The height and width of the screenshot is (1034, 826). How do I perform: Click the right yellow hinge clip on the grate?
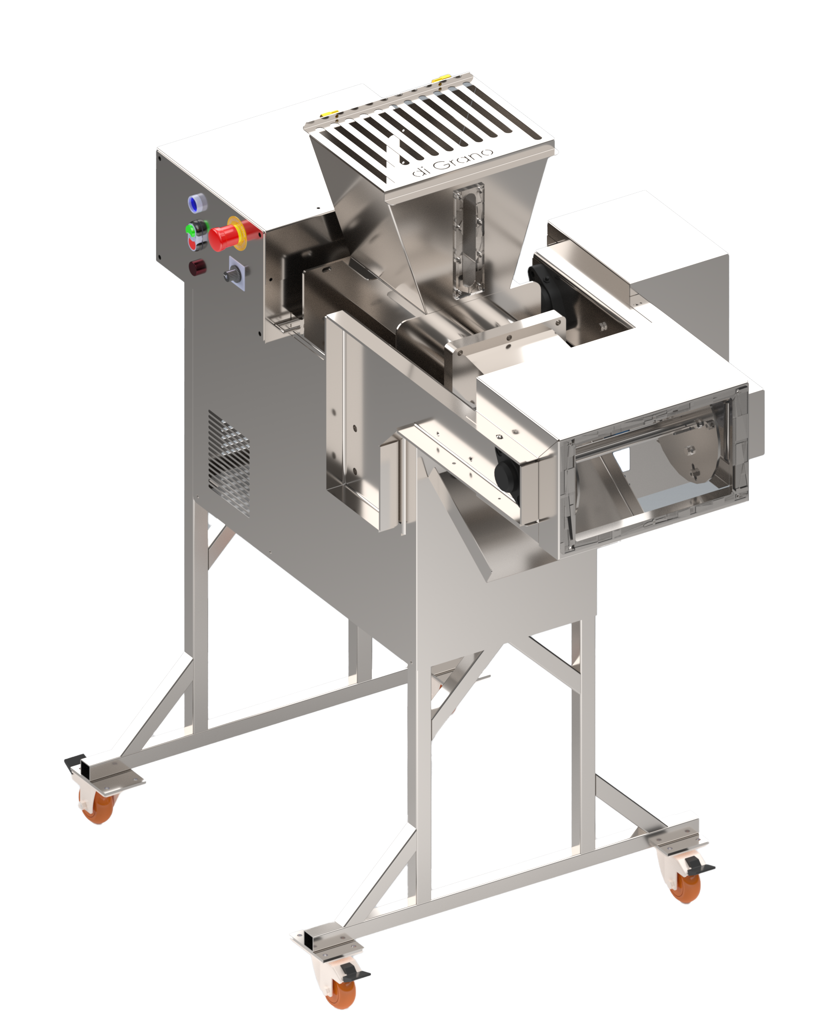[440, 78]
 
